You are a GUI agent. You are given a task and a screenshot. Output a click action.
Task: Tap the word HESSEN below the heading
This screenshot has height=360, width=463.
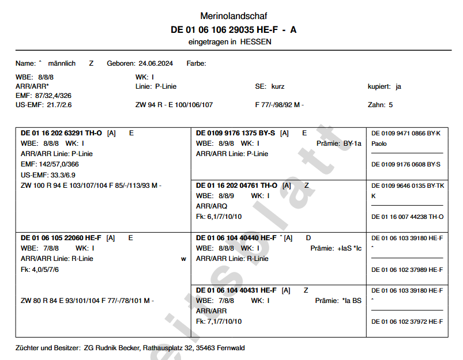(255, 42)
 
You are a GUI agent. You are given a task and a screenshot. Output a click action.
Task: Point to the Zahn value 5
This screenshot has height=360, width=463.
(391, 105)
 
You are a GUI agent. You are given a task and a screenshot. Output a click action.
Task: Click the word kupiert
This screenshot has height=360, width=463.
(379, 86)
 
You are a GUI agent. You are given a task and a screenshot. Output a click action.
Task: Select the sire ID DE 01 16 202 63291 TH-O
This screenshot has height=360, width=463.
(61, 133)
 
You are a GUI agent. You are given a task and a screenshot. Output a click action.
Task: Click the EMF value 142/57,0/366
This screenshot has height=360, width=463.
(58, 164)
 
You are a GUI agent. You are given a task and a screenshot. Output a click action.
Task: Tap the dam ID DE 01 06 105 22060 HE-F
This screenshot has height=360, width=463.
(61, 238)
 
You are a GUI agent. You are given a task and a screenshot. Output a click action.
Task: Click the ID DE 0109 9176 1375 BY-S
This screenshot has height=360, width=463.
(235, 133)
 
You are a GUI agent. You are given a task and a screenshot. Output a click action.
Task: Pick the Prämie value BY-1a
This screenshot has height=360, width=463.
(352, 143)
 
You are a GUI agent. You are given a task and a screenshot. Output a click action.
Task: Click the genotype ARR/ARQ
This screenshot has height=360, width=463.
(211, 206)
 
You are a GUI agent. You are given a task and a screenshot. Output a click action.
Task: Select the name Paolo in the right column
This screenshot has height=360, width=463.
(379, 143)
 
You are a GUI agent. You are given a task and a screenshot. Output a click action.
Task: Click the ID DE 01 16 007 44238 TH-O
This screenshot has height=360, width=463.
(407, 217)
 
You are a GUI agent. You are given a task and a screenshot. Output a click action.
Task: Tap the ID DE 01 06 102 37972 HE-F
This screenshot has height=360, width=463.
(407, 321)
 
